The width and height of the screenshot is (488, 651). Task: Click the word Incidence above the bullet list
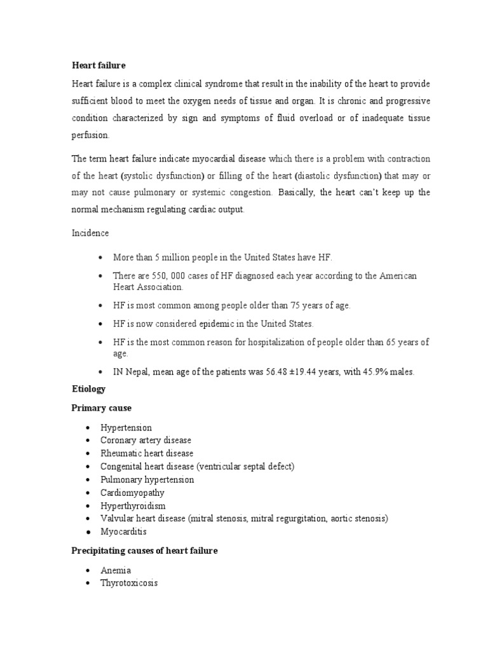tap(90, 233)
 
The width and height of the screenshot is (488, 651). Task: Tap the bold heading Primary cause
tap(102, 408)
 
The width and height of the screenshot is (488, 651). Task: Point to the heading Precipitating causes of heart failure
tap(144, 551)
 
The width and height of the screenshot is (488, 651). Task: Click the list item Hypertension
tap(126, 427)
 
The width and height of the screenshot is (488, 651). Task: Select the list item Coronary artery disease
tap(146, 440)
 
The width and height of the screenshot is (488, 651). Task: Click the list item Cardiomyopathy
tap(132, 492)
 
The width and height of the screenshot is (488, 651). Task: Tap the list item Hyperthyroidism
tap(133, 505)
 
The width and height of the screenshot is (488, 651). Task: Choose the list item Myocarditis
tap(123, 531)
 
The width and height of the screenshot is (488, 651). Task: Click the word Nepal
tap(138, 372)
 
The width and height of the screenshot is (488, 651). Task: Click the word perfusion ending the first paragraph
tap(90, 135)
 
